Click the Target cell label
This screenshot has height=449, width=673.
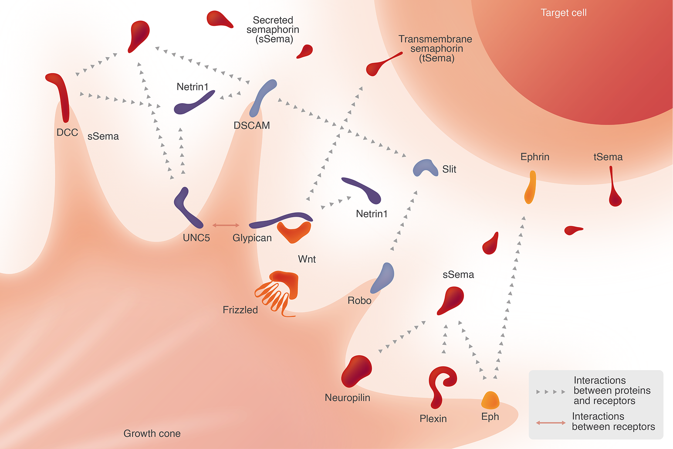click(563, 13)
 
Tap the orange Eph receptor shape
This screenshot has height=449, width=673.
click(490, 400)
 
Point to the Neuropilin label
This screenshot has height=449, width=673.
click(347, 398)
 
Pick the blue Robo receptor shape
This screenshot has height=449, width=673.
click(383, 277)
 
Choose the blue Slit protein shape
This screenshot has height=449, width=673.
click(425, 168)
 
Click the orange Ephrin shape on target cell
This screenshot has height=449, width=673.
click(530, 187)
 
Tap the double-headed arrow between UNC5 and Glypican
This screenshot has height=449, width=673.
click(226, 225)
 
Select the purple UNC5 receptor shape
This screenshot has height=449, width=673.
click(187, 208)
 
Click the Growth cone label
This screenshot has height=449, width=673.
click(152, 433)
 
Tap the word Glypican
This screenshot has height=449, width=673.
click(252, 238)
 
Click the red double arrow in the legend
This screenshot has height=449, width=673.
click(551, 422)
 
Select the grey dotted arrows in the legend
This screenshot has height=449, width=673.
click(551, 391)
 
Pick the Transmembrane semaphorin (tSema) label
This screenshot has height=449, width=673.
click(435, 48)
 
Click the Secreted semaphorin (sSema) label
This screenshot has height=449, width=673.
click(273, 30)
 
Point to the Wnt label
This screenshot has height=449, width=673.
click(307, 259)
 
